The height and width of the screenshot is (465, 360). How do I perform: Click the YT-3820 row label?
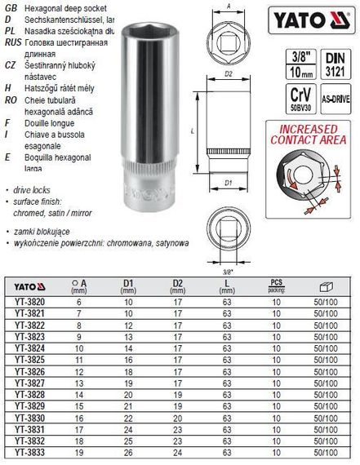(x=29, y=302)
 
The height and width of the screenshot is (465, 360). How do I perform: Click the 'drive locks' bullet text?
(x=34, y=188)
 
